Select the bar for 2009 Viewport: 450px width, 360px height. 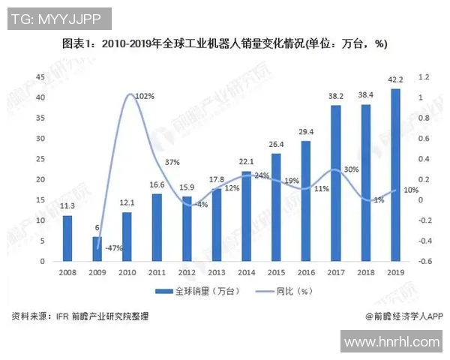pyautogui.click(x=97, y=248)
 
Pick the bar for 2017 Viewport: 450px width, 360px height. pyautogui.click(x=336, y=183)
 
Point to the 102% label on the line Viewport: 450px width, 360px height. pyautogui.click(x=145, y=97)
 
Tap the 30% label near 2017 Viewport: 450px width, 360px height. pyautogui.click(x=350, y=169)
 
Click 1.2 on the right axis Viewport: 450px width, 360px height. pyautogui.click(x=424, y=76)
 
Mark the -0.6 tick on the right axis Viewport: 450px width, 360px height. pyautogui.click(x=424, y=261)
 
